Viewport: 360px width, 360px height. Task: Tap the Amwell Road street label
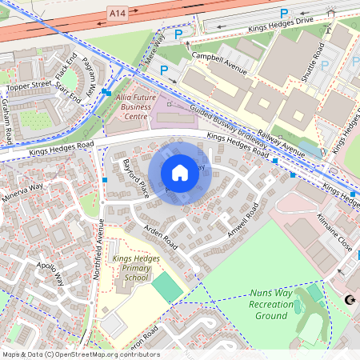[x=242, y=220]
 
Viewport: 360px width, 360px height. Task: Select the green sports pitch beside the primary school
[x=166, y=286]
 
